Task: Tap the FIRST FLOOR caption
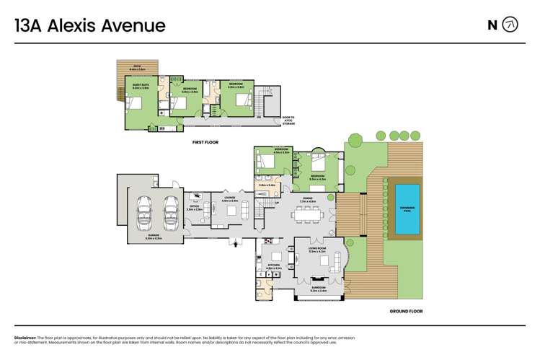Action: tap(205, 142)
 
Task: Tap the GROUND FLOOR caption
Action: tap(405, 311)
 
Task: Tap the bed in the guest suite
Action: tap(137, 103)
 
